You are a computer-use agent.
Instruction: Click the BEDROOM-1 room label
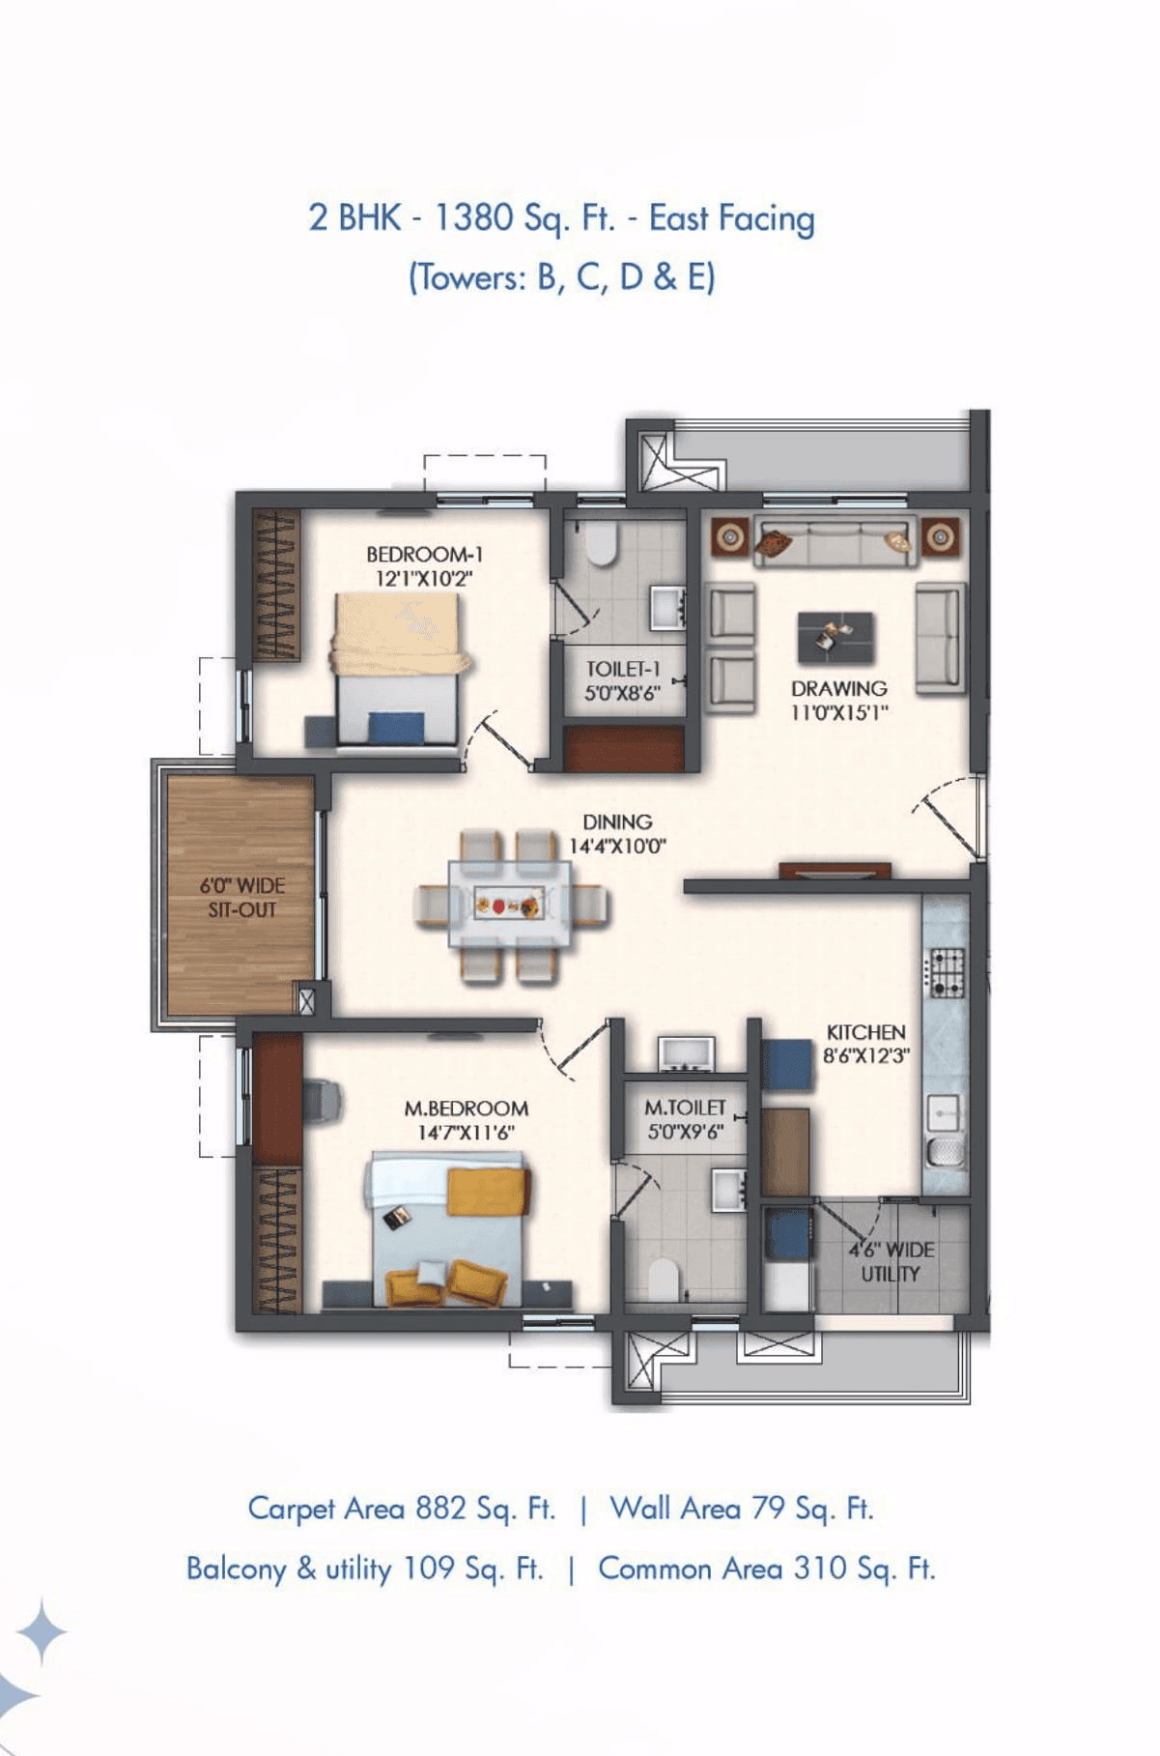(424, 555)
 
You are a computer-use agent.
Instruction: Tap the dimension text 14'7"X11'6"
(466, 1133)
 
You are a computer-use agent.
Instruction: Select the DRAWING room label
(838, 689)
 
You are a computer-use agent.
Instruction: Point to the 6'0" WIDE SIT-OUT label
(241, 898)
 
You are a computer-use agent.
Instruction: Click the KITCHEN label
(865, 1032)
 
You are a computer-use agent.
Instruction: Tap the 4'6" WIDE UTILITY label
(891, 1261)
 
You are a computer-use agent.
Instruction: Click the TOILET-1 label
(623, 669)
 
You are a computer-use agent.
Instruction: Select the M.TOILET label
(685, 1108)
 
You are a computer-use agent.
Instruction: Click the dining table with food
(509, 906)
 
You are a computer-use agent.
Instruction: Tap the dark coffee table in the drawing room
(835, 637)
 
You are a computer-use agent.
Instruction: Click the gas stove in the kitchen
(946, 972)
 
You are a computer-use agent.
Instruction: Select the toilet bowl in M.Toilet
(663, 1279)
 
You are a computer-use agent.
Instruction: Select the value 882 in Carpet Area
(440, 1508)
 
